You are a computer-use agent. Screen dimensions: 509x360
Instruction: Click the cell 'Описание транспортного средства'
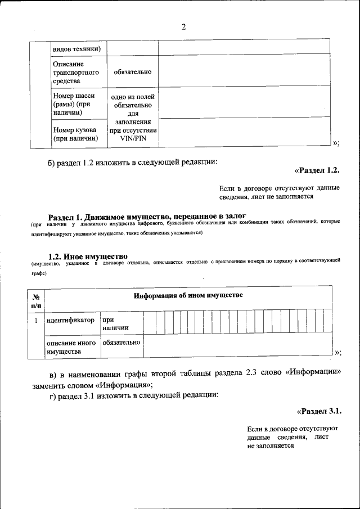pos(75,73)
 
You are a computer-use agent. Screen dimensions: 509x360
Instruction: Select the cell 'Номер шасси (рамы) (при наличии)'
pos(75,104)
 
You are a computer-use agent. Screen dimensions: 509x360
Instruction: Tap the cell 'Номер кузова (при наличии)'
pos(75,134)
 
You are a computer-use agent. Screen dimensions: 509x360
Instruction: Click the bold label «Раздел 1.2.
pos(317,170)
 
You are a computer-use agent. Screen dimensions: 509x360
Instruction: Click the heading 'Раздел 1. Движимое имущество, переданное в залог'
pos(147,217)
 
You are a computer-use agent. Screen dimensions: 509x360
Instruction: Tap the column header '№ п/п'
pos(36,300)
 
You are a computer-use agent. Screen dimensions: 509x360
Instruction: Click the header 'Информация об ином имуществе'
pos(188,296)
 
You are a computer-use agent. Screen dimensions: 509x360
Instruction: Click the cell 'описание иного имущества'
pos(71,347)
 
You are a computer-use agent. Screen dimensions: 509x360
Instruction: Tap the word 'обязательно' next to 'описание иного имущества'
pos(120,343)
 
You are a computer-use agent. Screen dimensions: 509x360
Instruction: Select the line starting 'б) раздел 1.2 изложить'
pos(132,163)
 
